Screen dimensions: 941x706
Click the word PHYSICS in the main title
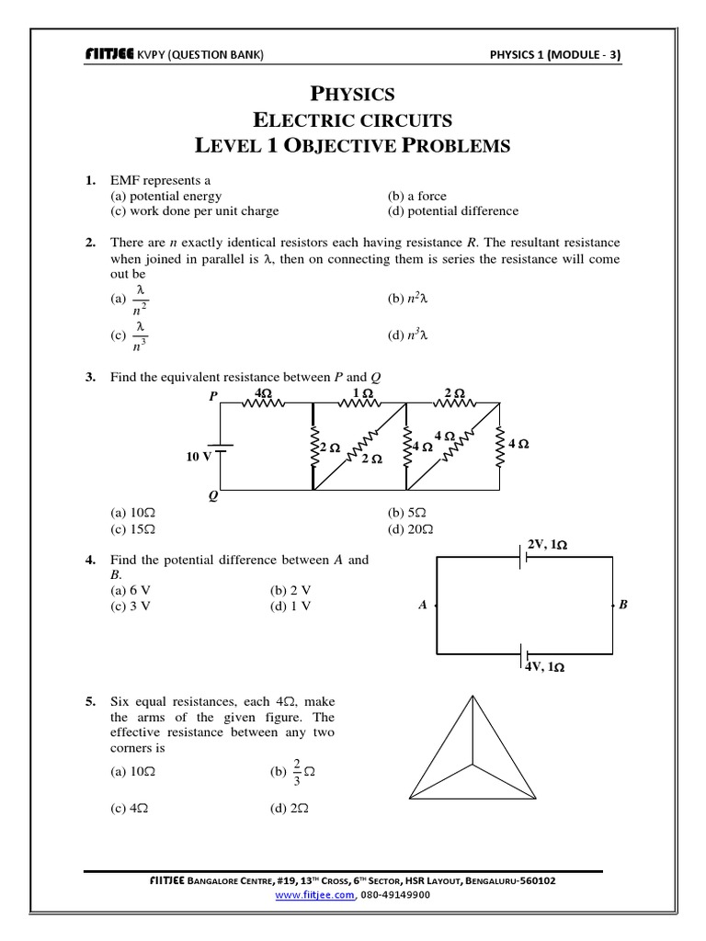tap(353, 94)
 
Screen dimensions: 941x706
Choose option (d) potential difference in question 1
tap(453, 210)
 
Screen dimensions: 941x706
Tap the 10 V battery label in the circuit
tap(199, 455)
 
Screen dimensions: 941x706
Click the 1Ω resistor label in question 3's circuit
tap(363, 393)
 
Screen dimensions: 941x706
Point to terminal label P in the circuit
tap(213, 396)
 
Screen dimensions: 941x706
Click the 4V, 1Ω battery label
tap(544, 668)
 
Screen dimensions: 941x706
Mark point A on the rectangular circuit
tap(423, 605)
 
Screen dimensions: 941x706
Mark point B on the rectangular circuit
tap(623, 605)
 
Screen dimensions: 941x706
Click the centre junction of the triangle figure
tap(473, 764)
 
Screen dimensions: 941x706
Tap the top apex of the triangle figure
tap(473, 697)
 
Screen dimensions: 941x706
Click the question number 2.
tap(90, 243)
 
